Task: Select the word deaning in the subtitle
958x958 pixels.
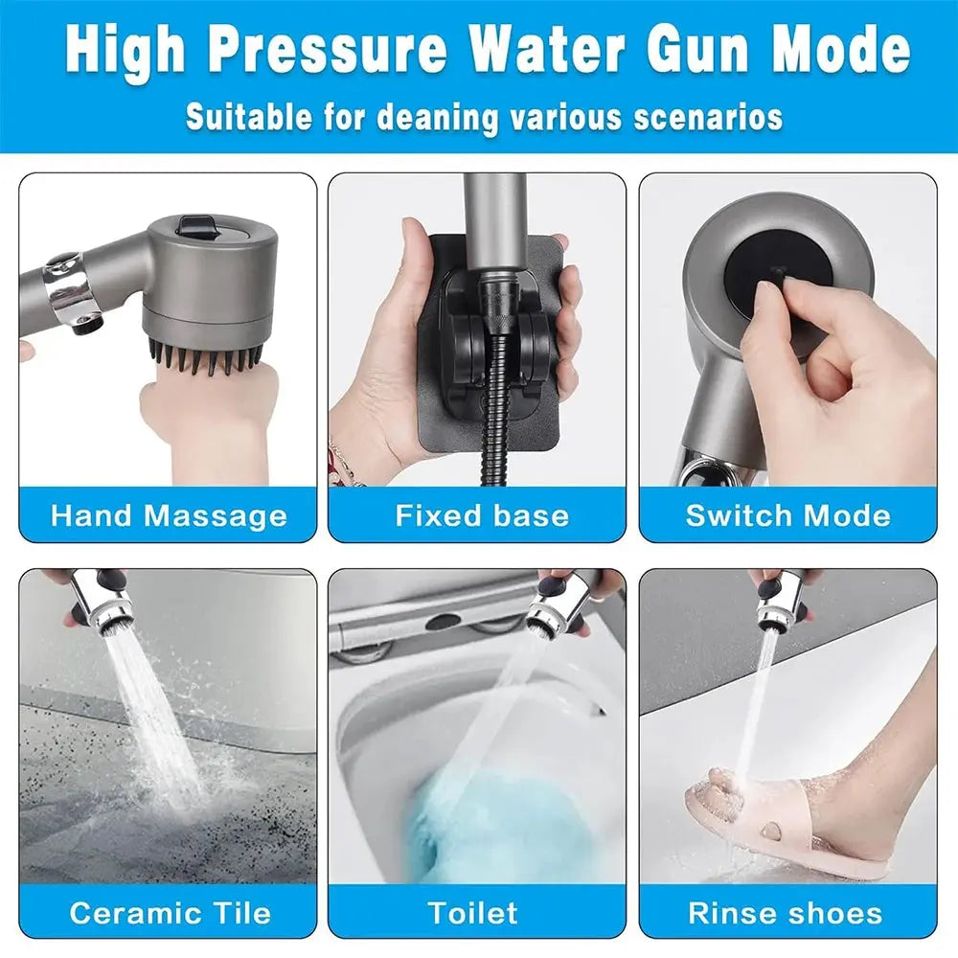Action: tap(438, 117)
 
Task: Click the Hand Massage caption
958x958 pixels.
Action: tap(169, 516)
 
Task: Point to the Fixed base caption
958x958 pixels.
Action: tap(482, 516)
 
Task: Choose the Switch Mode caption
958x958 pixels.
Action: tap(787, 516)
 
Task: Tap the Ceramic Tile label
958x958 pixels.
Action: tap(170, 912)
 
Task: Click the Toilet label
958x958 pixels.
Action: tap(473, 912)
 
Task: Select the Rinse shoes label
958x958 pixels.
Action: tap(786, 912)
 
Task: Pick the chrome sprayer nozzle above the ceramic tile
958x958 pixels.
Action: tap(105, 601)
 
